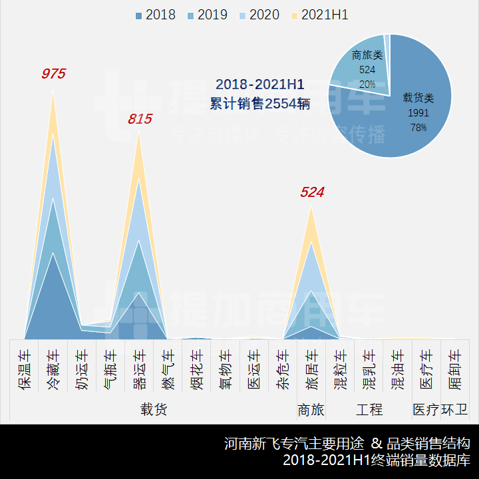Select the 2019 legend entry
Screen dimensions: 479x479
coord(207,15)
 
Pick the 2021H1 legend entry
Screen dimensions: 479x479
coord(319,15)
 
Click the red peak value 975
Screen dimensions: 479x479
coord(53,74)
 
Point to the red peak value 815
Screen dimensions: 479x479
coord(140,120)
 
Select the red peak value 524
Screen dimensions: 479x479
coord(311,193)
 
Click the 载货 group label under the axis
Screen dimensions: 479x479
coord(153,410)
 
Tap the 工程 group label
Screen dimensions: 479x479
coord(369,410)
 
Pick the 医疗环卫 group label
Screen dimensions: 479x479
coord(440,410)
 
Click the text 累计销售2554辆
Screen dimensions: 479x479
coord(259,104)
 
